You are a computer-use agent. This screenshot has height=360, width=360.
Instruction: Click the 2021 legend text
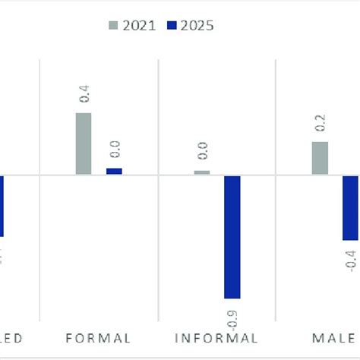pyautogui.click(x=141, y=26)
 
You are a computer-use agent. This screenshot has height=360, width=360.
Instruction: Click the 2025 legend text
pyautogui.click(x=198, y=26)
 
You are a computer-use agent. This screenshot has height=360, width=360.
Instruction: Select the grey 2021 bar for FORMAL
pyautogui.click(x=84, y=144)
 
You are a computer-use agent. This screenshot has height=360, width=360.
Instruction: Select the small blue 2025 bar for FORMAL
pyautogui.click(x=114, y=172)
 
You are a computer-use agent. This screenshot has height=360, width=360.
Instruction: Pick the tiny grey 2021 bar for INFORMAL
pyautogui.click(x=202, y=172)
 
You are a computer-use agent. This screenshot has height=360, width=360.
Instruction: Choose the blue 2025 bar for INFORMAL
pyautogui.click(x=232, y=237)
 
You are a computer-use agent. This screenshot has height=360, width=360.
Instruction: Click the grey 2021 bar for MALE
pyautogui.click(x=320, y=158)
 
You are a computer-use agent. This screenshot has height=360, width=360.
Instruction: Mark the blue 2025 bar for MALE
pyautogui.click(x=349, y=208)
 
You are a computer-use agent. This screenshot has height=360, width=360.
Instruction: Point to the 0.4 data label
pyautogui.click(x=84, y=95)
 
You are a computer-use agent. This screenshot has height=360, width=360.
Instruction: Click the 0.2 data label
pyautogui.click(x=320, y=124)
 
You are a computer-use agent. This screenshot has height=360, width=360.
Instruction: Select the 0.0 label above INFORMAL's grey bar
pyautogui.click(x=203, y=152)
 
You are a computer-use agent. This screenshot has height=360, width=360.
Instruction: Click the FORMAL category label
pyautogui.click(x=99, y=339)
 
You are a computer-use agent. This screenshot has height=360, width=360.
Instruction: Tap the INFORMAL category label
pyautogui.click(x=216, y=339)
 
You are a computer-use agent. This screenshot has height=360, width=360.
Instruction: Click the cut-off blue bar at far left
pyautogui.click(x=2, y=206)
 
